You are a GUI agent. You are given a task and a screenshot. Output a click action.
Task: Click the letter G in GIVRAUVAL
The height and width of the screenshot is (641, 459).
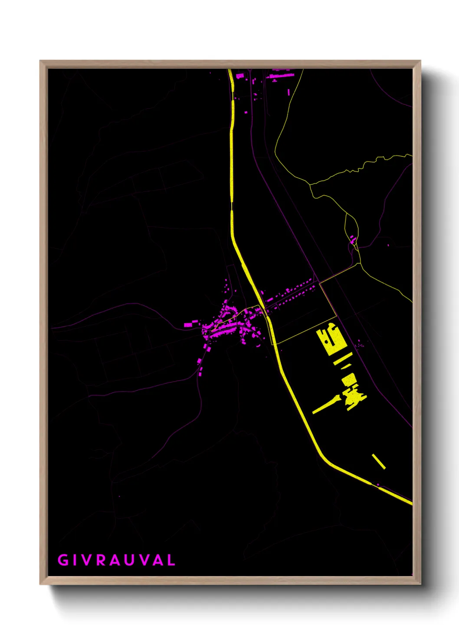tap(63, 560)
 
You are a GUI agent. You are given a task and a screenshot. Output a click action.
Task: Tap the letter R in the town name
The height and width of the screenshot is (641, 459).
tap(101, 560)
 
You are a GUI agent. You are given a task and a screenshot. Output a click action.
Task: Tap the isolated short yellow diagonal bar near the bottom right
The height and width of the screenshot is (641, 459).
tap(379, 461)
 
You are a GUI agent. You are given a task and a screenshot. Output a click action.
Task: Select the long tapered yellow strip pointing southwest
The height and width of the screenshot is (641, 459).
tap(325, 404)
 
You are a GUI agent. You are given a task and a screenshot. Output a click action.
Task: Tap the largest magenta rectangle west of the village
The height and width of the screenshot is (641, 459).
tap(188, 324)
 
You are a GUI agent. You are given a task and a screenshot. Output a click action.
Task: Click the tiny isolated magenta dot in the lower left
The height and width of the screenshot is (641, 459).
tap(119, 496)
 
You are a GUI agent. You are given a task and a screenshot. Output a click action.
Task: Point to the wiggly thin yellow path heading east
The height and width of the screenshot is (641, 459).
tap(360, 167)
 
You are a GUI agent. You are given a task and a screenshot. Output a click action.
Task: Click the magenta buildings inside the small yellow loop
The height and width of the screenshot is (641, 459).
tap(353, 239)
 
